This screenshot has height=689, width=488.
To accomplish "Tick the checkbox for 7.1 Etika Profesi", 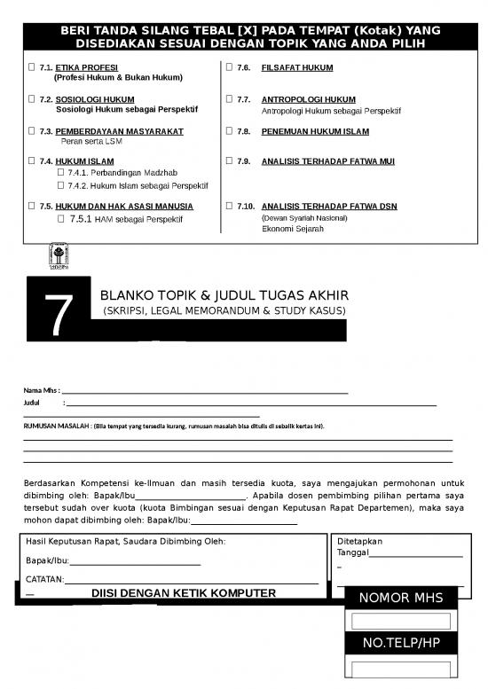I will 32,67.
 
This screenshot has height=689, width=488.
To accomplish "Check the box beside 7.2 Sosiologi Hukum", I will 32,99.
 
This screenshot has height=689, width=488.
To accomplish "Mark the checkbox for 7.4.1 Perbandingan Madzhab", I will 61,172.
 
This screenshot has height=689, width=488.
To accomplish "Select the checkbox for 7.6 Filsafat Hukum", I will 229,67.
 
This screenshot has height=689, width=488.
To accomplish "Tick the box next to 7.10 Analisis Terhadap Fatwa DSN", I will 229,206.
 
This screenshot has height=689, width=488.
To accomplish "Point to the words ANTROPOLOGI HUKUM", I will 308,99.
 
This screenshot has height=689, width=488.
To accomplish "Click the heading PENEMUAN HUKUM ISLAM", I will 315,131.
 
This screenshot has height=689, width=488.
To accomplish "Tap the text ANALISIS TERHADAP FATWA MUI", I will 328,161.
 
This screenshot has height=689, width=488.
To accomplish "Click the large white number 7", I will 59,316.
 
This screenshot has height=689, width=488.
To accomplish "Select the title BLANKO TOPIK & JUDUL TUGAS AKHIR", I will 224,295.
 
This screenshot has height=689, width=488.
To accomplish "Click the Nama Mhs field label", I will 40,390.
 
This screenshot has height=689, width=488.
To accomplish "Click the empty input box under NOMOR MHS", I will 401,621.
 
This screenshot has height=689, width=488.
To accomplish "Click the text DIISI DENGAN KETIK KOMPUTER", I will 184,592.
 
